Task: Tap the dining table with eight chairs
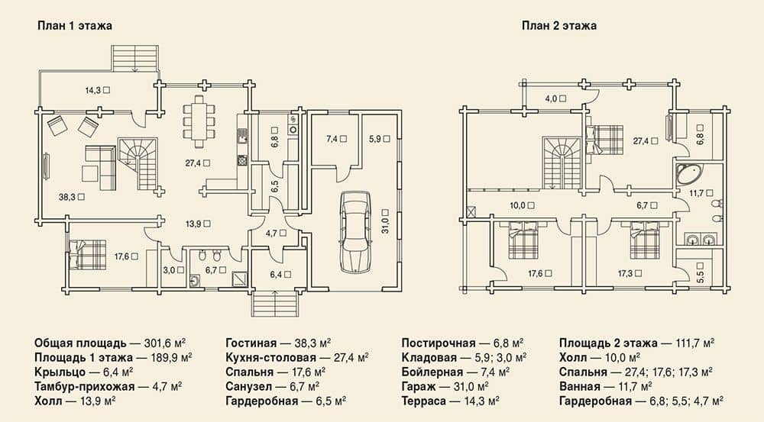point(199,121)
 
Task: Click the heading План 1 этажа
point(75,25)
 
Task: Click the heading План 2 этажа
point(559,25)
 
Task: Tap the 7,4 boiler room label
point(336,139)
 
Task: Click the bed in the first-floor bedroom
point(87,253)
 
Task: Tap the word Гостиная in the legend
point(251,343)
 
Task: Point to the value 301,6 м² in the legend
point(165,343)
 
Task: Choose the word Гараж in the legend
point(418,387)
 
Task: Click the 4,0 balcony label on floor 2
point(555,98)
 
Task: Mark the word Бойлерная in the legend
point(432,372)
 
